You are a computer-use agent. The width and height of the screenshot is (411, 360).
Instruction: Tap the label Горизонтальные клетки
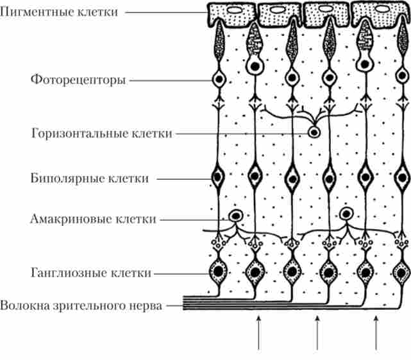[x=101, y=133]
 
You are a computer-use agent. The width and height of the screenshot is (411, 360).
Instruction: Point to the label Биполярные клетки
[x=90, y=178]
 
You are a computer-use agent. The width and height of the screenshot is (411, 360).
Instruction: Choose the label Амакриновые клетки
[x=93, y=219]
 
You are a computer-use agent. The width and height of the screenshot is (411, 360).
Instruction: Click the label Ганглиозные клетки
[x=90, y=273]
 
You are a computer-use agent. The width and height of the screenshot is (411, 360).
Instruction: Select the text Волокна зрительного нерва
[x=81, y=305]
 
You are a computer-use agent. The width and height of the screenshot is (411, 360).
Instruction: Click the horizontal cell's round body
[x=314, y=133]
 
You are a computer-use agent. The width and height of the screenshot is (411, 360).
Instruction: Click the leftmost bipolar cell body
[x=219, y=176]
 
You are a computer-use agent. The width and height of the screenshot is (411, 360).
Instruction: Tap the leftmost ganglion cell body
[x=219, y=271]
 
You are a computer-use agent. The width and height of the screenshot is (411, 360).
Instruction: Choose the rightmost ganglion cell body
[x=403, y=271]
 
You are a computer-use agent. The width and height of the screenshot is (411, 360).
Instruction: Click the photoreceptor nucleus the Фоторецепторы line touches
[x=219, y=80]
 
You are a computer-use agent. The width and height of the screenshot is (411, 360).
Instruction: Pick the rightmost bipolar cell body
[x=403, y=176]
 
